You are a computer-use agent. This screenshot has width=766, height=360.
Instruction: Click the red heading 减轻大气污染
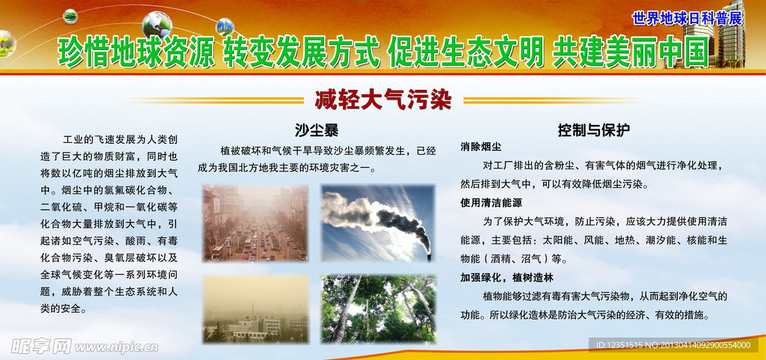coord(382,99)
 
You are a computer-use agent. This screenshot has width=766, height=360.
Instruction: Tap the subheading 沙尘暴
coord(316,130)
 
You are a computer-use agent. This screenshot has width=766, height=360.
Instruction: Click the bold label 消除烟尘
coord(481,147)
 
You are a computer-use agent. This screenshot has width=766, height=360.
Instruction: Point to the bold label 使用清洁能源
coord(491,203)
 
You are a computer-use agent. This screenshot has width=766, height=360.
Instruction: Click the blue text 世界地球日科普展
coord(686,18)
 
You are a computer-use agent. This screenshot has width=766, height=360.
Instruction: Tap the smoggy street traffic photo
coord(254,223)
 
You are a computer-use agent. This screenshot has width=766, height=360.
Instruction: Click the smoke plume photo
coord(378,223)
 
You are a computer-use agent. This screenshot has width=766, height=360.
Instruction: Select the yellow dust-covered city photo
coord(254,308)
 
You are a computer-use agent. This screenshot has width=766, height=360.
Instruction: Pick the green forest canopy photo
coord(378,308)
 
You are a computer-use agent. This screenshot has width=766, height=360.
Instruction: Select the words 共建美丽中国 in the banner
coord(629,52)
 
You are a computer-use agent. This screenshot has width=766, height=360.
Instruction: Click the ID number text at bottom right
coord(670,345)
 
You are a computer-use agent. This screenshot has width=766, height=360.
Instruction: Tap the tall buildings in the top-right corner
coord(729,34)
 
